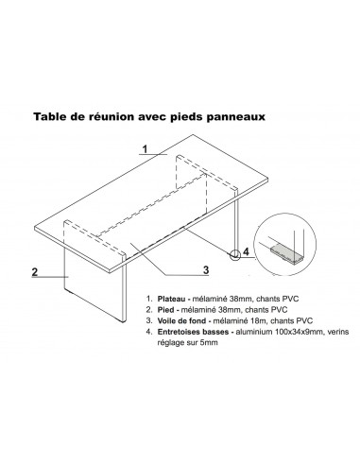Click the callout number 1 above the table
[x=145, y=149]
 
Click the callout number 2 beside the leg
[x=34, y=271]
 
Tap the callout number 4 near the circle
[x=248, y=251]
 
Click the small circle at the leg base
[x=231, y=251]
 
